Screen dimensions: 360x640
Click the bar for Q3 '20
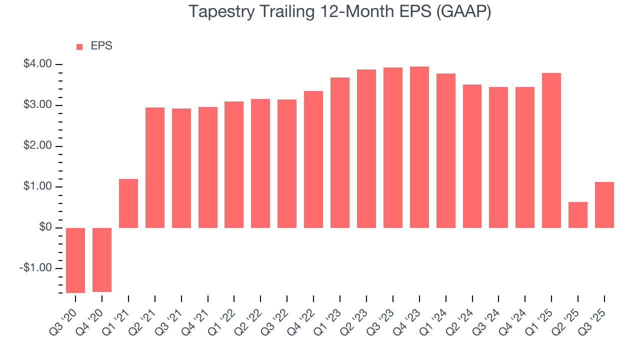[x=75, y=260]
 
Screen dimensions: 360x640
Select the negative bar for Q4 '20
[x=102, y=259]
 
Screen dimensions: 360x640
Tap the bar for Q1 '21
[x=128, y=203]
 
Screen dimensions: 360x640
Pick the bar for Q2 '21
[x=155, y=167]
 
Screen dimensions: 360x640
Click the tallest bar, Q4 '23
[x=419, y=147]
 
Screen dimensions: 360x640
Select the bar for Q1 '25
[x=551, y=150]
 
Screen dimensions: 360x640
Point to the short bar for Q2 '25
[x=578, y=215]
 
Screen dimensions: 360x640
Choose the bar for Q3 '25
[x=604, y=205]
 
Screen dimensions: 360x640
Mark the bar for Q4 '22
[x=313, y=159]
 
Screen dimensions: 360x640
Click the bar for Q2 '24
[x=472, y=156]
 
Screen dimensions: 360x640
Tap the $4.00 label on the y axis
[x=37, y=64]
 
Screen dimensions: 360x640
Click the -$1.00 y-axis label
[x=36, y=268]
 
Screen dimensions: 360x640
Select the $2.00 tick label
[x=37, y=146]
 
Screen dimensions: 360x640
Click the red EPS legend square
[x=79, y=47]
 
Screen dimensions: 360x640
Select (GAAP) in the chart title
[x=464, y=11]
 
